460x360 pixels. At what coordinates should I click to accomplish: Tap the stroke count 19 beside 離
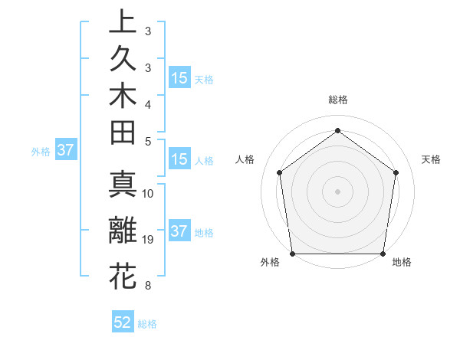[x=148, y=241]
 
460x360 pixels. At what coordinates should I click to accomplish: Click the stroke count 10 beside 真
[x=148, y=194]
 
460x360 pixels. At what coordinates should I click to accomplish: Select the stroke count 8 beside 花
[x=148, y=286]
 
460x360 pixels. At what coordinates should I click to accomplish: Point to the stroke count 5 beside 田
[x=148, y=141]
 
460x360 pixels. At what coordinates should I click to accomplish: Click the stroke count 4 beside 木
[x=148, y=103]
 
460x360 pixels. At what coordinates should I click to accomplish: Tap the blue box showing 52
[x=123, y=323]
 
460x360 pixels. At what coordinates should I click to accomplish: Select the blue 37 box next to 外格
[x=65, y=151]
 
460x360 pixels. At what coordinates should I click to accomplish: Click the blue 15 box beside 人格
[x=179, y=160]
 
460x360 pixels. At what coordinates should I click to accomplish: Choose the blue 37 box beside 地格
[x=179, y=232]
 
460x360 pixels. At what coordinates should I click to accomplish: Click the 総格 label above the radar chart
[x=337, y=100]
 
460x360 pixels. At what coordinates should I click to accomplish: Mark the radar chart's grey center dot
[x=337, y=191]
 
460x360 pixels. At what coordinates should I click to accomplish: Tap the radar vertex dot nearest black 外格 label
[x=292, y=253]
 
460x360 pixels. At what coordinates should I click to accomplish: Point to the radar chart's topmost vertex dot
[x=337, y=129]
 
